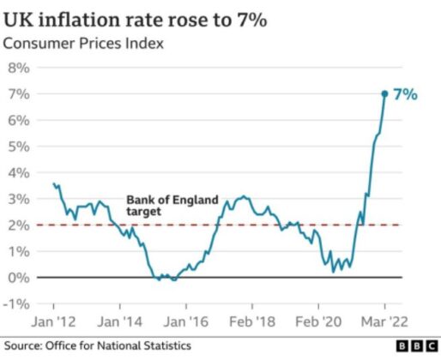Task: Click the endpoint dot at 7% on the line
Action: pos(384,93)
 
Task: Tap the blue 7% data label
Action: pos(405,94)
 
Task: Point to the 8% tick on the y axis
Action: pos(19,68)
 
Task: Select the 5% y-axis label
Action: pos(19,147)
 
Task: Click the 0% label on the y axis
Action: pos(19,278)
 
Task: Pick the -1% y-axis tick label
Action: pos(16,304)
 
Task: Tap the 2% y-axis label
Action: pos(19,225)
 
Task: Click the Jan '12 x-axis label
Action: pos(53,321)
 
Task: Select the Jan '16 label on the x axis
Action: pos(186,321)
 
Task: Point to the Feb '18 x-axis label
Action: pos(252,321)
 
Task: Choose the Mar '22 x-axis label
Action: pos(384,321)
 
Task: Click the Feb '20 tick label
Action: pos(318,321)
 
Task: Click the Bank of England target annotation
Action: pos(172,206)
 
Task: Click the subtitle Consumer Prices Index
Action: pos(83,44)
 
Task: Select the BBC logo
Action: pos(417,346)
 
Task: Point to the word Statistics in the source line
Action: pos(167,345)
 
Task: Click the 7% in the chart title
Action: pos(251,20)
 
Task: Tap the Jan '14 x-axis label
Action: pos(119,321)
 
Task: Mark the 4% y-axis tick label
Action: pos(19,173)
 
